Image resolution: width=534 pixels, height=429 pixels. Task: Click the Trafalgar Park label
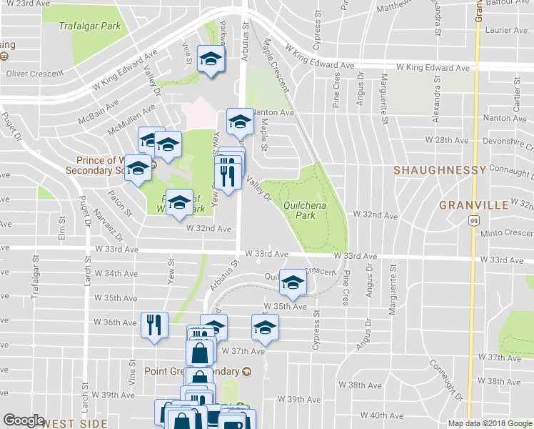[x=90, y=26]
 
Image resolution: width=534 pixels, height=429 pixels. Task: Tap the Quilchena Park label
[x=299, y=209]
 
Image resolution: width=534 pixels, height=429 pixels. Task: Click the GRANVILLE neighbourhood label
[x=473, y=204]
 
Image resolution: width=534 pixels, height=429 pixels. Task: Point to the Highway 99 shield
[x=475, y=222]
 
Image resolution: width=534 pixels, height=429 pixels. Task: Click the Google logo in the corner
[x=24, y=420]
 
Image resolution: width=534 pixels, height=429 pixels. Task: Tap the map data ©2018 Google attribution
[x=489, y=423]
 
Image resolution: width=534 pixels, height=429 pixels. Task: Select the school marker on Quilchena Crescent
[x=291, y=282]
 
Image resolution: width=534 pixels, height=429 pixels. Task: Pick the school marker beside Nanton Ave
[x=240, y=122]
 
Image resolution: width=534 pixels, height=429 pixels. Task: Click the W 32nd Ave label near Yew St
[x=208, y=229]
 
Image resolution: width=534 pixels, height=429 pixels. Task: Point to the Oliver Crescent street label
[x=34, y=73]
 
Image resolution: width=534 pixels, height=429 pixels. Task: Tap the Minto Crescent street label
[x=506, y=233]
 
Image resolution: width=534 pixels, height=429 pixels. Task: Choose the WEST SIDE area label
[x=74, y=423]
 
